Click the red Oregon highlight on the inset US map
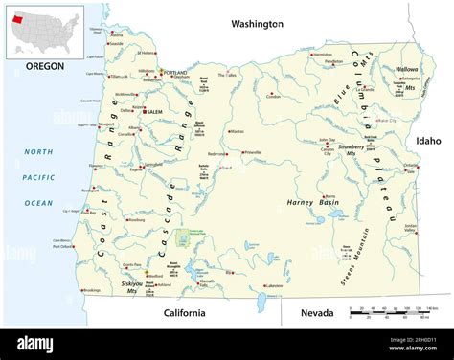pos(16,17)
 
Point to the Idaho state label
pos(427,141)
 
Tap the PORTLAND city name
pos(175,73)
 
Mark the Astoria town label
pos(116,43)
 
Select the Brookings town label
pos(92,290)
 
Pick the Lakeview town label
pos(274,285)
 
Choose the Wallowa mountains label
pos(406,69)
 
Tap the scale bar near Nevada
pos(393,311)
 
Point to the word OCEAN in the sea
pos(38,203)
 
